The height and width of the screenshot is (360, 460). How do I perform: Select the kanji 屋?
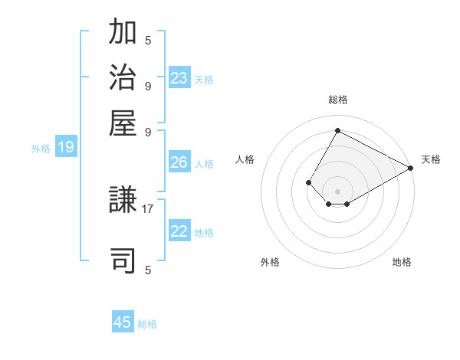[x=123, y=123]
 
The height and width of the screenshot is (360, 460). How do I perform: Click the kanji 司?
[x=123, y=260]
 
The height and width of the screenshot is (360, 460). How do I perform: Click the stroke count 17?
[x=148, y=208]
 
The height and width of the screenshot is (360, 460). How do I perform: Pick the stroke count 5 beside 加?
[x=148, y=41]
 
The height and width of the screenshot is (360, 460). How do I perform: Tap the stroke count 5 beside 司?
[x=148, y=269]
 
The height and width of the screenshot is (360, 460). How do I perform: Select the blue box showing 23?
[x=179, y=77]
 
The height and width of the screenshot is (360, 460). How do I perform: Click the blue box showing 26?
[x=179, y=162]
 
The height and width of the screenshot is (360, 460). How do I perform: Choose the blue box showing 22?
[x=179, y=231]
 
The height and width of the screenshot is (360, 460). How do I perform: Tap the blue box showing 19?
[x=66, y=147]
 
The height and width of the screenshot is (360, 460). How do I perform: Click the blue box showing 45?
[x=123, y=322]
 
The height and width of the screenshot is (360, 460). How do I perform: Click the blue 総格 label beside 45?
[x=147, y=324]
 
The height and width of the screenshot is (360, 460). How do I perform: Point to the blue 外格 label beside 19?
[x=40, y=149]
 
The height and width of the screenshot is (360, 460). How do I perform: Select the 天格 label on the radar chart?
[x=431, y=159]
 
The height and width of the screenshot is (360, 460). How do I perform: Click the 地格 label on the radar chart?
[x=402, y=262]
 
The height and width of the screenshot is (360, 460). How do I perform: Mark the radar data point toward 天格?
[x=411, y=168]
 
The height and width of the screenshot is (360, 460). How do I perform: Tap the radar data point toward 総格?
[x=337, y=130]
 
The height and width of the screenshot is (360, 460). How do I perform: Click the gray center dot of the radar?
[x=337, y=191]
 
